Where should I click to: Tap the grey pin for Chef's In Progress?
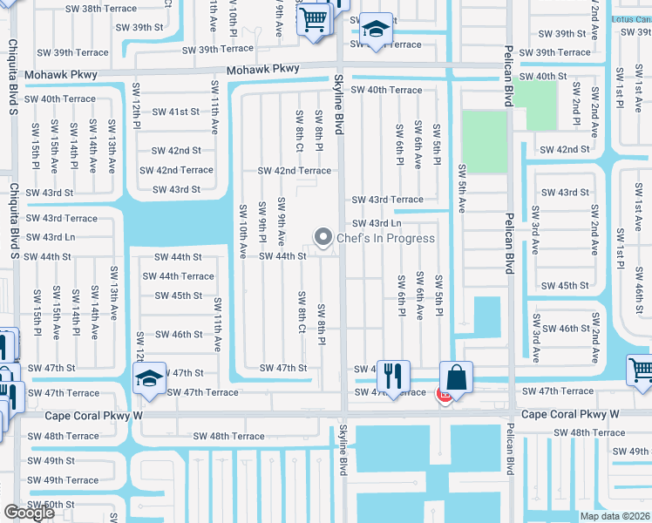click(x=323, y=236)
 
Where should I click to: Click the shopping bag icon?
click(x=456, y=377)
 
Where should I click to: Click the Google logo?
click(x=29, y=513)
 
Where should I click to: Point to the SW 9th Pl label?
click(x=261, y=222)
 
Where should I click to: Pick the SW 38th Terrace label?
click(x=101, y=9)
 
